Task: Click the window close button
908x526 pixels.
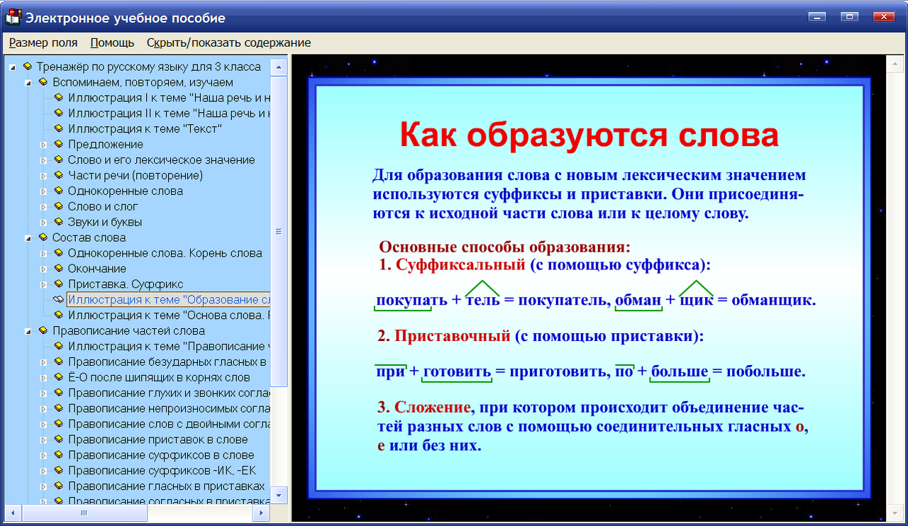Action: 884,16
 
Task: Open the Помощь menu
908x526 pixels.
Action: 112,43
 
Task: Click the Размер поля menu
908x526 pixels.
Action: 43,43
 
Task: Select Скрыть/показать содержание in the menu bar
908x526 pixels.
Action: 228,43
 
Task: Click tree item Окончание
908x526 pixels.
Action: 97,269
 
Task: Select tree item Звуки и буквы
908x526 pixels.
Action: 104,222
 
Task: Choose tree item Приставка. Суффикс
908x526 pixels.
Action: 126,284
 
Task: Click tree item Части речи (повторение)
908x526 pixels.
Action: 135,175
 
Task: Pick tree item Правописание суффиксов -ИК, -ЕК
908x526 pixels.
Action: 162,471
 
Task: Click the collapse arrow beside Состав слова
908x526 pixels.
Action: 28,238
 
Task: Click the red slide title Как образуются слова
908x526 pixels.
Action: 588,135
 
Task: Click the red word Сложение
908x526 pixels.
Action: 433,408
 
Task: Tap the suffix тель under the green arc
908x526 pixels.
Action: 482,300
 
